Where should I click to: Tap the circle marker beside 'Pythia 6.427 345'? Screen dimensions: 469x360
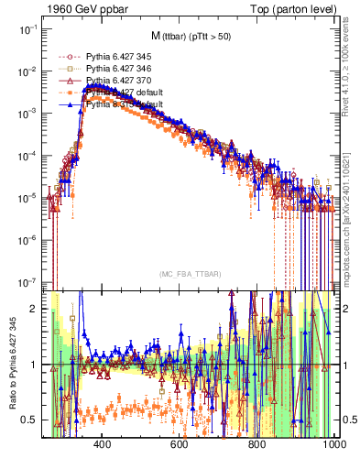[65, 56]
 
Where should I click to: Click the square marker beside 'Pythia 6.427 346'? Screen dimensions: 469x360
[65, 69]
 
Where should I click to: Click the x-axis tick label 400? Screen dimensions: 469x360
[102, 445]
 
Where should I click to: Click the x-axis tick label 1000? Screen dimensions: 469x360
[333, 445]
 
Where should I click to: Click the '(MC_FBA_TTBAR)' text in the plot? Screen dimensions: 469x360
[191, 275]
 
